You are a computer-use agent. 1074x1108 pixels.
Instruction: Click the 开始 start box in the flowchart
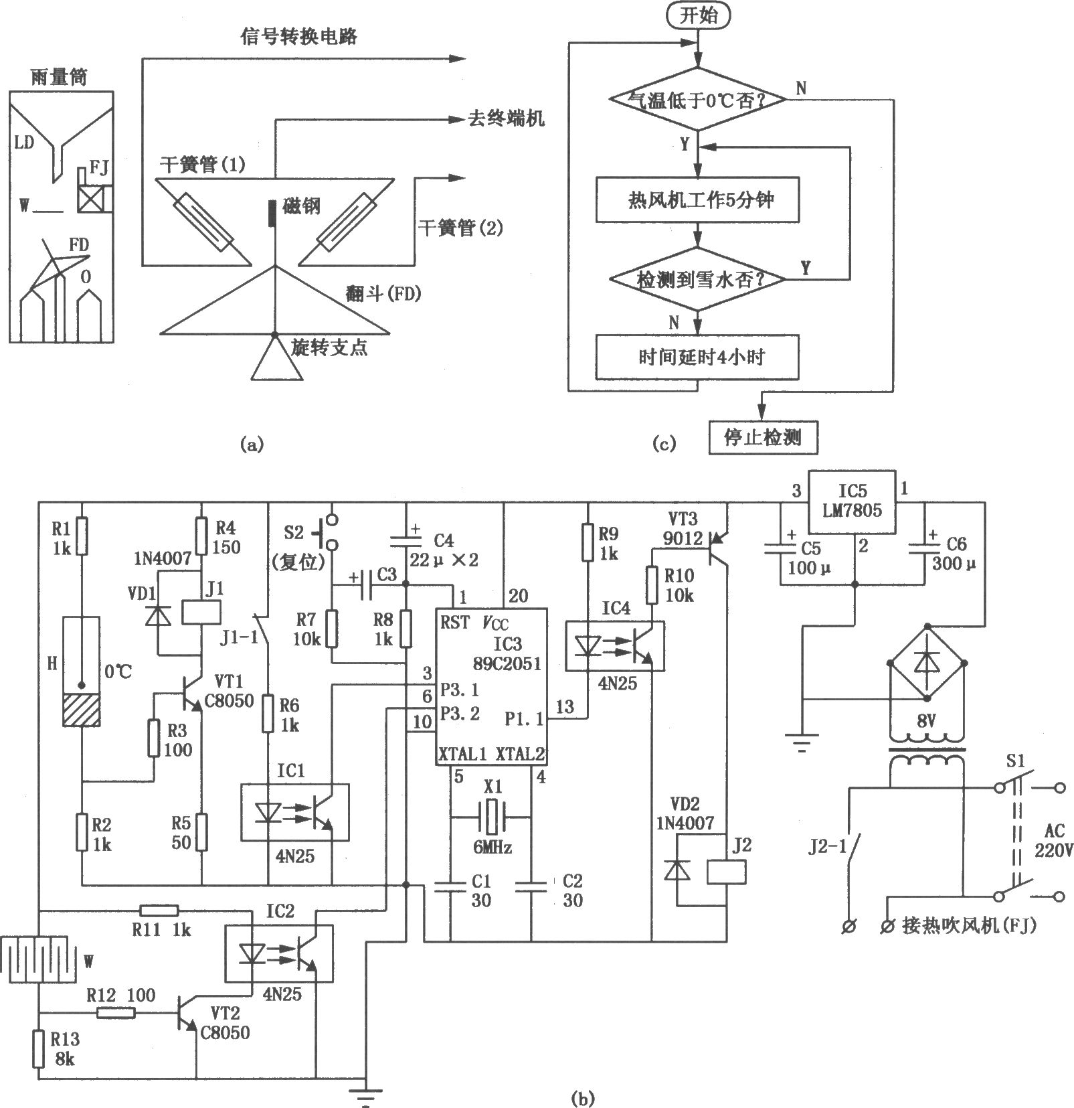[x=698, y=15]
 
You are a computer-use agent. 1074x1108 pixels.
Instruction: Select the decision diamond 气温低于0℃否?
[x=698, y=99]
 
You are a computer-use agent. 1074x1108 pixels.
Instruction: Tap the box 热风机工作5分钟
[x=698, y=200]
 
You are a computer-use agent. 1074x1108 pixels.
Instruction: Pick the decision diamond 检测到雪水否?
[x=698, y=279]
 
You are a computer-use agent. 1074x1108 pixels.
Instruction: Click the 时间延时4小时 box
[x=698, y=358]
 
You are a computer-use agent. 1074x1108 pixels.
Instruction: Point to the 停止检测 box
[x=764, y=438]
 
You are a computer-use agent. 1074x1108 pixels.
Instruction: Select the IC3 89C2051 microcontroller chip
[x=492, y=686]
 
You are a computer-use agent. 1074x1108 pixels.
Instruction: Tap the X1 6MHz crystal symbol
[x=492, y=817]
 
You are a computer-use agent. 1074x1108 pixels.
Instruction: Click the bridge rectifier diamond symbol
[x=927, y=661]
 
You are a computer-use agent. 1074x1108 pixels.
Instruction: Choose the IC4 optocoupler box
[x=615, y=645]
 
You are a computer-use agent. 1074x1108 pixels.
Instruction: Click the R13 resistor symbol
[x=38, y=1048]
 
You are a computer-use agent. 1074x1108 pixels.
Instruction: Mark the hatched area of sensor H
[x=81, y=710]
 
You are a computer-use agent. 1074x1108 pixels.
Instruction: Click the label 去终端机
[x=506, y=119]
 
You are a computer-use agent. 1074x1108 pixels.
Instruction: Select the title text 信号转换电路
[x=299, y=35]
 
